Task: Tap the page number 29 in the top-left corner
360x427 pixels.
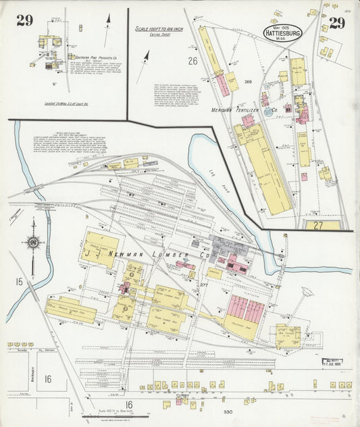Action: (25, 20)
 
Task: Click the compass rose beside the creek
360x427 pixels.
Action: (32, 241)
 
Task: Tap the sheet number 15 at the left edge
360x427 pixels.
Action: (20, 280)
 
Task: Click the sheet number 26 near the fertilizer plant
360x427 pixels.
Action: (192, 61)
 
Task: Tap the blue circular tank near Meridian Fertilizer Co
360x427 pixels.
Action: (269, 112)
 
